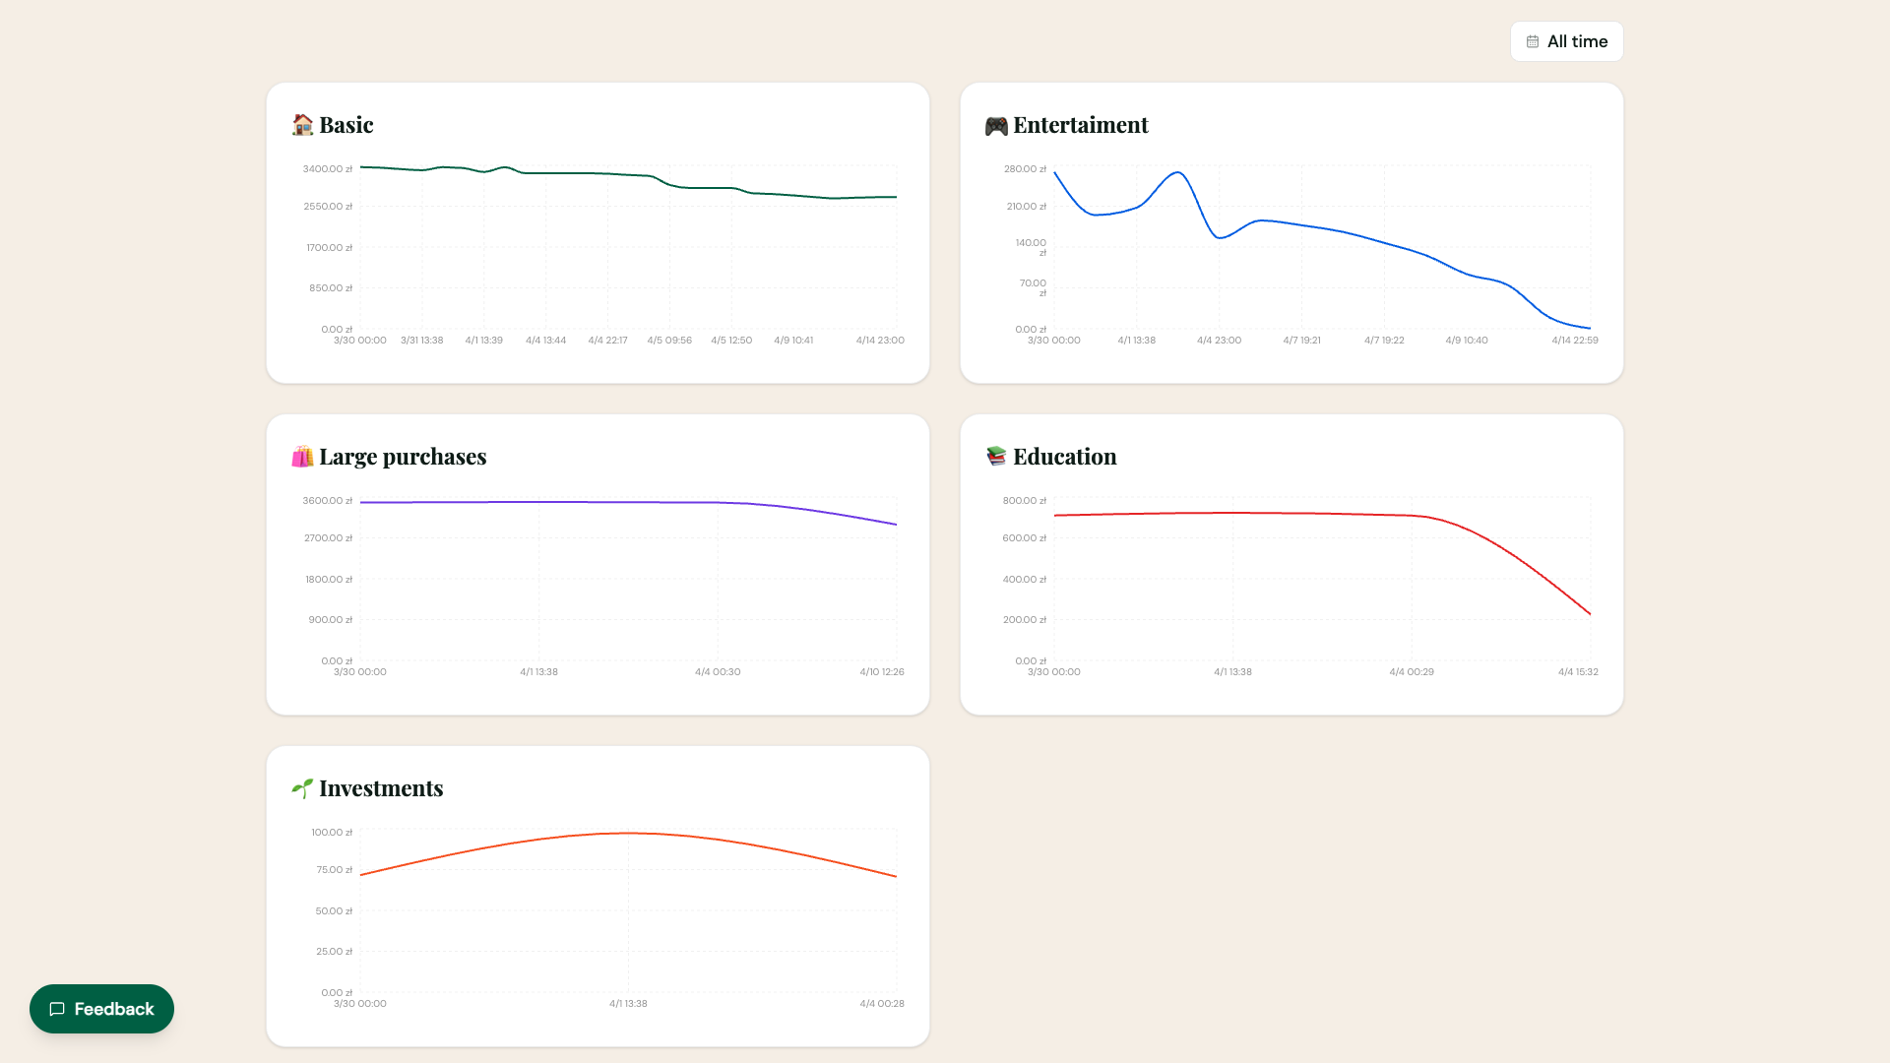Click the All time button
(1566, 41)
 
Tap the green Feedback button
(101, 1009)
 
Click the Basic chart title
(346, 125)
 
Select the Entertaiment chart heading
(1080, 125)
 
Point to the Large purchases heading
(402, 457)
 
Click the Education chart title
(1064, 457)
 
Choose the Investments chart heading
(380, 788)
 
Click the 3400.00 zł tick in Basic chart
(327, 169)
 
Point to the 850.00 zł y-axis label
(330, 288)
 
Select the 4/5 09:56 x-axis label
(669, 341)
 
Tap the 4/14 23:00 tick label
(880, 341)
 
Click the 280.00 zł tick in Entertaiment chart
(1025, 169)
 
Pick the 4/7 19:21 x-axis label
(1301, 341)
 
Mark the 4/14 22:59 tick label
(1574, 341)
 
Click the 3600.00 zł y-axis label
(327, 501)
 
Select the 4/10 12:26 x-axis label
(881, 672)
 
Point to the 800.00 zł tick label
(1025, 501)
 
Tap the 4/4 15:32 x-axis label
(1578, 672)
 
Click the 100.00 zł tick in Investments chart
(332, 833)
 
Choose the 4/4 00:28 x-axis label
(881, 1004)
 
